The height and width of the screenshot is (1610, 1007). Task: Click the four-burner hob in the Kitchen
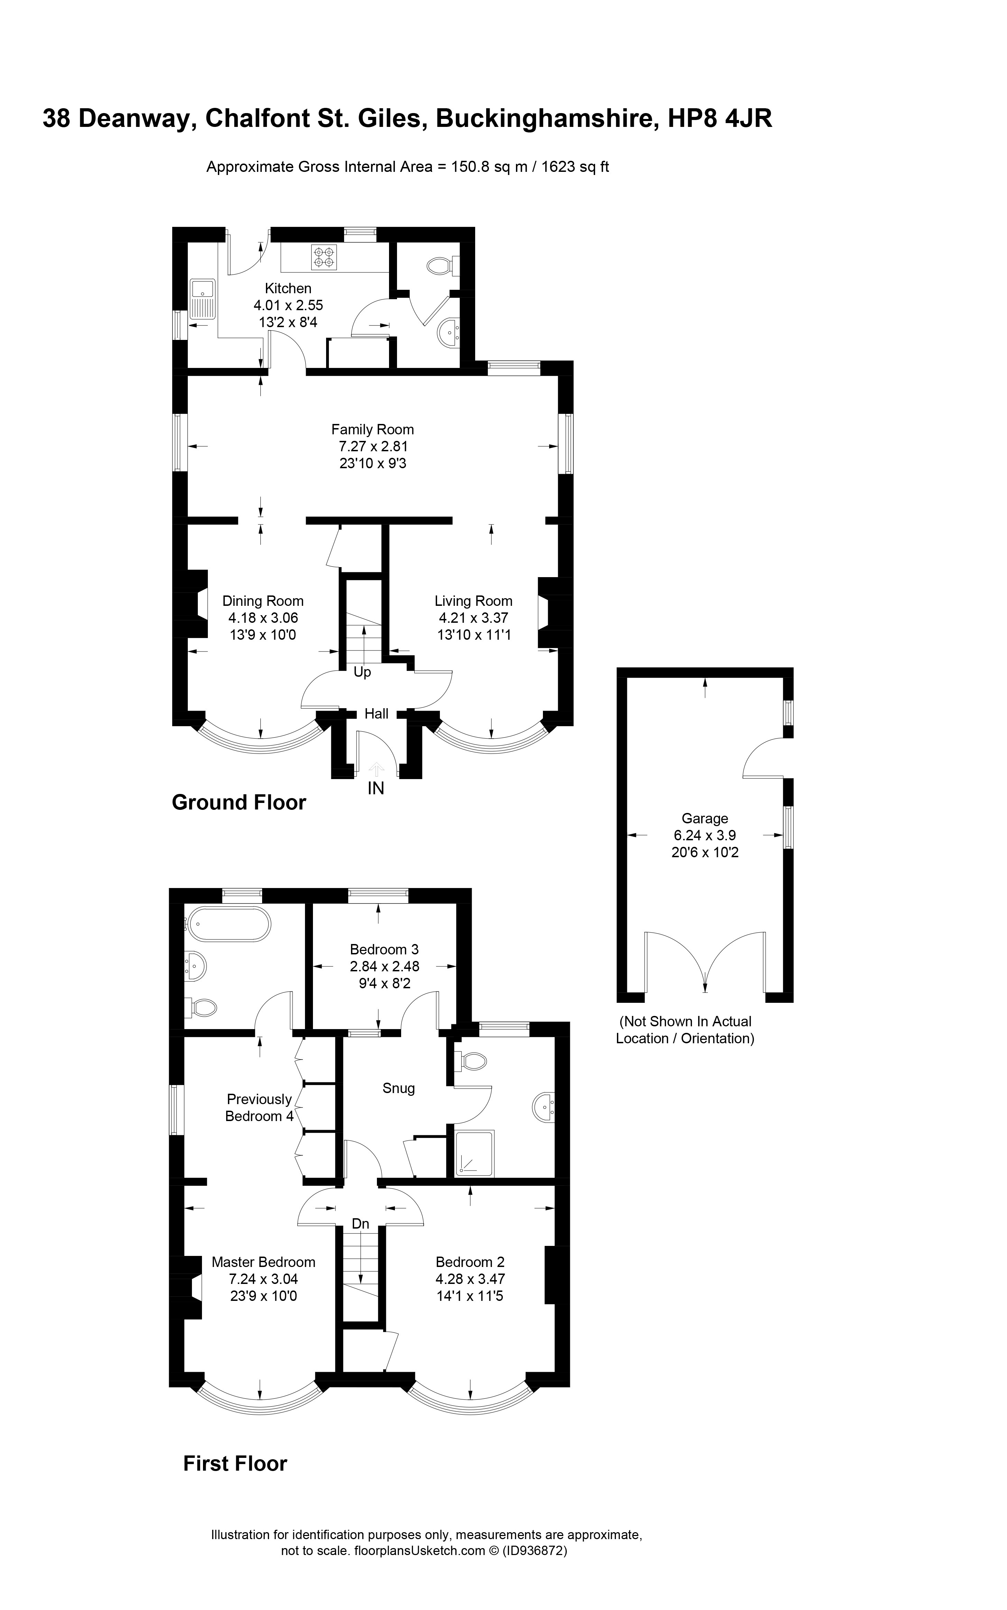point(324,258)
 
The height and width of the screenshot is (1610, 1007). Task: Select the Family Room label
point(372,429)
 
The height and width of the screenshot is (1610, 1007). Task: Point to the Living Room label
point(473,601)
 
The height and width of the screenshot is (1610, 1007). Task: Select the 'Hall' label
point(376,714)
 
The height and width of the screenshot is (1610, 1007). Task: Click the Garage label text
point(705,818)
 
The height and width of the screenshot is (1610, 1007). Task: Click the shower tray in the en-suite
point(475,1153)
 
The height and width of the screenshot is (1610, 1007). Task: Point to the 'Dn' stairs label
point(360,1224)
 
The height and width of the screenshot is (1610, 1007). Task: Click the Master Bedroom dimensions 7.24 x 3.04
point(263,1279)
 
